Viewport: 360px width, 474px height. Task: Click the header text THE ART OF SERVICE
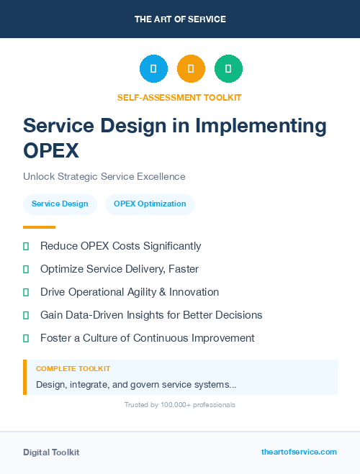180,19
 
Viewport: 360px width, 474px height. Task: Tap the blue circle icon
153,69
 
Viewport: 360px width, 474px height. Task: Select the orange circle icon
191,69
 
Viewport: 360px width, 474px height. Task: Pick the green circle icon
228,69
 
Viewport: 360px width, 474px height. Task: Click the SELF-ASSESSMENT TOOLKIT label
180,97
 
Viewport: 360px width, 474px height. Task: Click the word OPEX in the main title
50,151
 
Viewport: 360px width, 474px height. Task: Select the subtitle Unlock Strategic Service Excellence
104,176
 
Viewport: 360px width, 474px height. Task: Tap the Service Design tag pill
60,204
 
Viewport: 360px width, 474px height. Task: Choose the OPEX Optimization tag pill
150,204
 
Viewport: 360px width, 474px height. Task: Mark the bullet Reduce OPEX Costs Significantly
120,246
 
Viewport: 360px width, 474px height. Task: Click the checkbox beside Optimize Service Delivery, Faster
26,269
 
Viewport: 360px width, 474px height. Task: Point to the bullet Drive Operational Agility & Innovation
130,292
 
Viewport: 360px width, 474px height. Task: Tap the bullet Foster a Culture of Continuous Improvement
147,338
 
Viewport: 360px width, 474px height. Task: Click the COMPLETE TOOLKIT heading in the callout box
73,368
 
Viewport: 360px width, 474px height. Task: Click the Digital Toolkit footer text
51,452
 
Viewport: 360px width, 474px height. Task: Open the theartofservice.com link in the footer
299,452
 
